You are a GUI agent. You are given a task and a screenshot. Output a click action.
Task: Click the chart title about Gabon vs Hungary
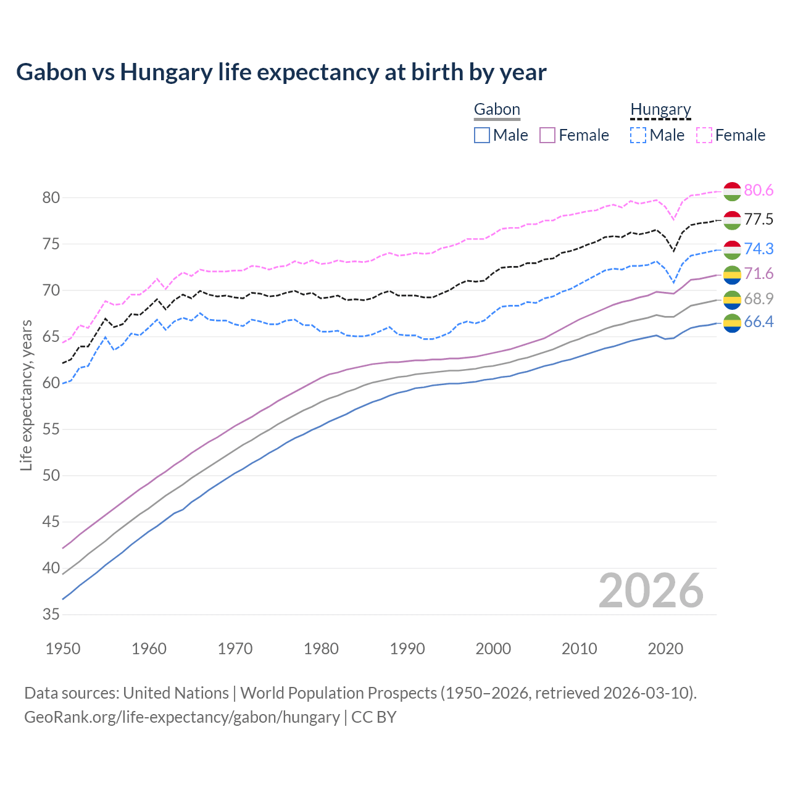281,72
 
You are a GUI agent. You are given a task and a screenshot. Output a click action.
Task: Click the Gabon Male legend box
482,135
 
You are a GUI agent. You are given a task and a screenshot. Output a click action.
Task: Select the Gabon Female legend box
548,135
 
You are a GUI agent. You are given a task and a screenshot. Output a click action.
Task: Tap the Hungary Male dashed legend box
638,135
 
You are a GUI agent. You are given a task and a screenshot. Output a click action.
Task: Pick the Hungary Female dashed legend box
704,135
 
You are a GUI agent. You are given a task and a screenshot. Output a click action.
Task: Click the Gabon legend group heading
497,110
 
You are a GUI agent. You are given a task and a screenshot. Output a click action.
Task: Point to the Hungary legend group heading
660,110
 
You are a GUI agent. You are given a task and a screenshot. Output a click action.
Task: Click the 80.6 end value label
759,191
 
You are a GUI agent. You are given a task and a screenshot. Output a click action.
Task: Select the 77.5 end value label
759,220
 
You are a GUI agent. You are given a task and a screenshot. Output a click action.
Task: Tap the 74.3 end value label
759,249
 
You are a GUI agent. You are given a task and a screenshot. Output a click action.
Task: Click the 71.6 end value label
759,274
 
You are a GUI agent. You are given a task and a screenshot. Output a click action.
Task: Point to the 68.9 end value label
759,299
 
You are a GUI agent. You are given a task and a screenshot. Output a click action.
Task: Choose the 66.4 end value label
759,322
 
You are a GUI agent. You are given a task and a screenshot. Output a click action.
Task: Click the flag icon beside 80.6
732,191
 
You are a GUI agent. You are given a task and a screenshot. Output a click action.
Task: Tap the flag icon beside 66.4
732,322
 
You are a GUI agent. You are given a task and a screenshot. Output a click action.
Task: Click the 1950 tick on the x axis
63,649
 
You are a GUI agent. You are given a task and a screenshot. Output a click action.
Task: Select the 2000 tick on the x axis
493,649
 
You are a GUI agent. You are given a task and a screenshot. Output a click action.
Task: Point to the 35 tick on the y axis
51,615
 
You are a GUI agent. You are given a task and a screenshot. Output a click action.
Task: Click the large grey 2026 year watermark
651,591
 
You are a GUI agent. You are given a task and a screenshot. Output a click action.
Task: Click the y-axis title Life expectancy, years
27,395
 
